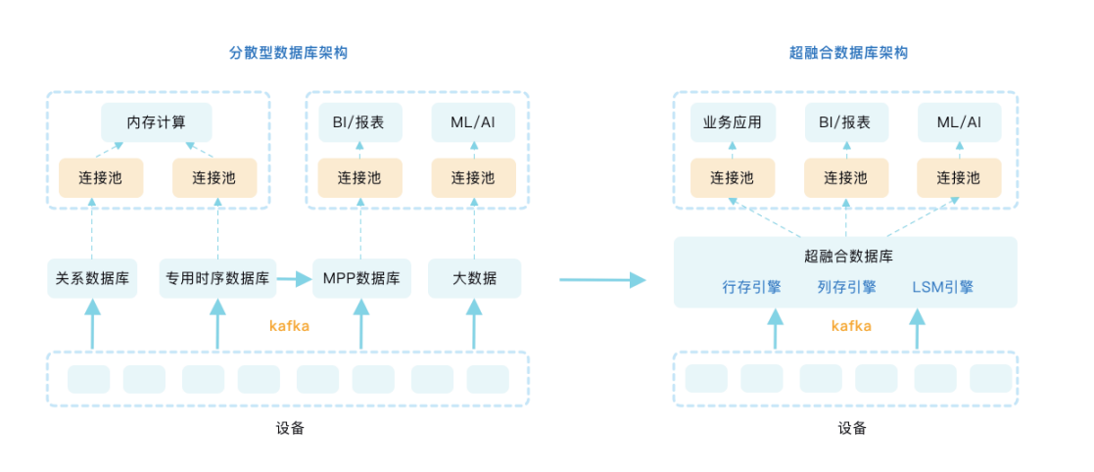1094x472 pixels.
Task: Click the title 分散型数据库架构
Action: pyautogui.click(x=288, y=52)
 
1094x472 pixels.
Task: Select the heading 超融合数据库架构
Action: pyautogui.click(x=848, y=52)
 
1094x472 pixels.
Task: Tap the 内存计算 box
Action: pyautogui.click(x=157, y=122)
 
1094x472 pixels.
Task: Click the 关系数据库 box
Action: pyautogui.click(x=93, y=279)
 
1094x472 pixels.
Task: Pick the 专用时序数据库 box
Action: pyautogui.click(x=217, y=279)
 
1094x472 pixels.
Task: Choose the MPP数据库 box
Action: pyautogui.click(x=361, y=279)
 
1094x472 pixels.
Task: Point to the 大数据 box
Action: pyautogui.click(x=474, y=279)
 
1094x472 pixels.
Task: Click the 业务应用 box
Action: pyautogui.click(x=733, y=122)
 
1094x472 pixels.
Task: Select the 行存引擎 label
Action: pyautogui.click(x=752, y=287)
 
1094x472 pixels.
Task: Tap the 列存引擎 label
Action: pyautogui.click(x=846, y=287)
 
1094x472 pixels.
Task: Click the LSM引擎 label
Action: pyautogui.click(x=942, y=287)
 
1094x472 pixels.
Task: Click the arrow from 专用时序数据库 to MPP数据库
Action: pyautogui.click(x=295, y=279)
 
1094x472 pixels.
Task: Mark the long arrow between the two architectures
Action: pyautogui.click(x=603, y=280)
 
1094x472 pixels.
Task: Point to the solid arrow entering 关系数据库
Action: pyautogui.click(x=92, y=324)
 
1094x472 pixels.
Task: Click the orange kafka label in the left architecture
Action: pyautogui.click(x=290, y=325)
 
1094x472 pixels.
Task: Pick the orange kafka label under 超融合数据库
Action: pyautogui.click(x=851, y=325)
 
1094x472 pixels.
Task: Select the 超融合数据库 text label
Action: pyautogui.click(x=848, y=256)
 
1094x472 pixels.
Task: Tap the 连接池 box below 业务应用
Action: pyautogui.click(x=733, y=178)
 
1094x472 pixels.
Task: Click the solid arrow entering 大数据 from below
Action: pyautogui.click(x=474, y=324)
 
